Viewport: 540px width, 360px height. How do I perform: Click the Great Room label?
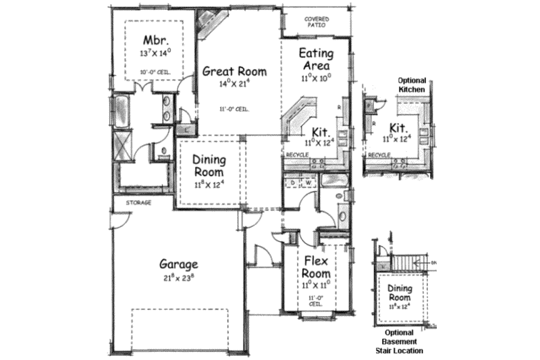(x=233, y=71)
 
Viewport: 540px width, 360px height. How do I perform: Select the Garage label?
(x=178, y=264)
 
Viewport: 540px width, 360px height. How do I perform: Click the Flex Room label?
(x=316, y=267)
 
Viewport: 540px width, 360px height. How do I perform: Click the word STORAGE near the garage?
(x=137, y=202)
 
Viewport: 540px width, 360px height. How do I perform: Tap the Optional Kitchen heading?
(x=412, y=84)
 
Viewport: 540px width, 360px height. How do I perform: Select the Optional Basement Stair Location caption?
(x=404, y=342)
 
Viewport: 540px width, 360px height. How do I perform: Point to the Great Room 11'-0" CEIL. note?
(x=232, y=109)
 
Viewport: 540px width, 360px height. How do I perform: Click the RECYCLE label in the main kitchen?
(x=297, y=155)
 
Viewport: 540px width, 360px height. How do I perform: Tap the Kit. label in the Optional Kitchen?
(x=399, y=128)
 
